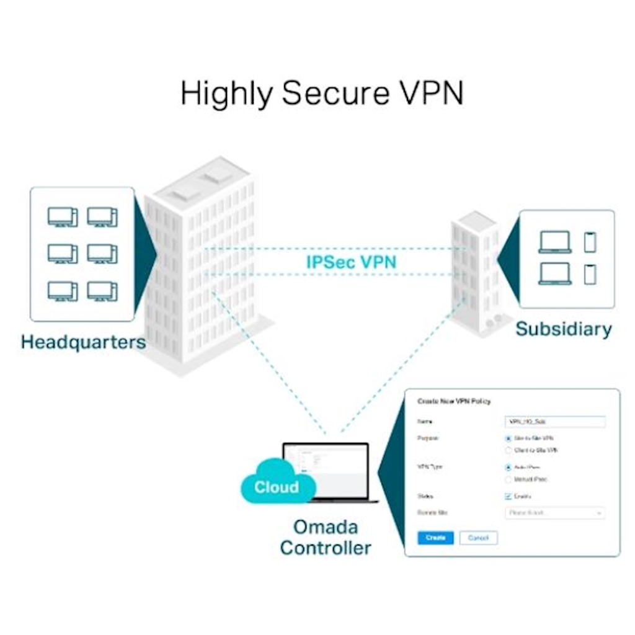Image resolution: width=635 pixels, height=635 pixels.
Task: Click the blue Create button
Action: (435, 538)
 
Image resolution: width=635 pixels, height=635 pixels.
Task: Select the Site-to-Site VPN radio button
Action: (508, 438)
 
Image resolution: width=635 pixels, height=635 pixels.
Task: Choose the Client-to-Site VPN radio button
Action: (508, 450)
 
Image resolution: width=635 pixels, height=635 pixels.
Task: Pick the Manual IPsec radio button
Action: (508, 479)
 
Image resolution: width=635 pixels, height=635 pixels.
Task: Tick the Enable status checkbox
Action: (508, 496)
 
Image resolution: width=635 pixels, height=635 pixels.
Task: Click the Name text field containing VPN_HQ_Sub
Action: (554, 422)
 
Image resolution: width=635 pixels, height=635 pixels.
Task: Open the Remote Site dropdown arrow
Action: (599, 513)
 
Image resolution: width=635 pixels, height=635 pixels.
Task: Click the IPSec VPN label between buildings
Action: (351, 261)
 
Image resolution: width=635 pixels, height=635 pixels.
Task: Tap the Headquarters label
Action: (83, 342)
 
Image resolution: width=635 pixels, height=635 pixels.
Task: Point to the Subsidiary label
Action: (563, 329)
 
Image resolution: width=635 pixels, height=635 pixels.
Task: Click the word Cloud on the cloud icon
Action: (276, 487)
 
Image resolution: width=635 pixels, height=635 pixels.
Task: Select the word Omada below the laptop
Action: (325, 528)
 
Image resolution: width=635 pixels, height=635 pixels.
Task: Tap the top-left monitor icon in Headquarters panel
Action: (63, 217)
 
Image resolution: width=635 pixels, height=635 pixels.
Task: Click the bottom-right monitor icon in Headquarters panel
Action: (102, 291)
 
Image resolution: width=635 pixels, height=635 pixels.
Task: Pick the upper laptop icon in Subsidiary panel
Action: (554, 242)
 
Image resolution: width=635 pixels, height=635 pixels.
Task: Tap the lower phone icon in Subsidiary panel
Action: (590, 273)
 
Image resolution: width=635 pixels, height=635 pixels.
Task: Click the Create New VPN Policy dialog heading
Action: (454, 401)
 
